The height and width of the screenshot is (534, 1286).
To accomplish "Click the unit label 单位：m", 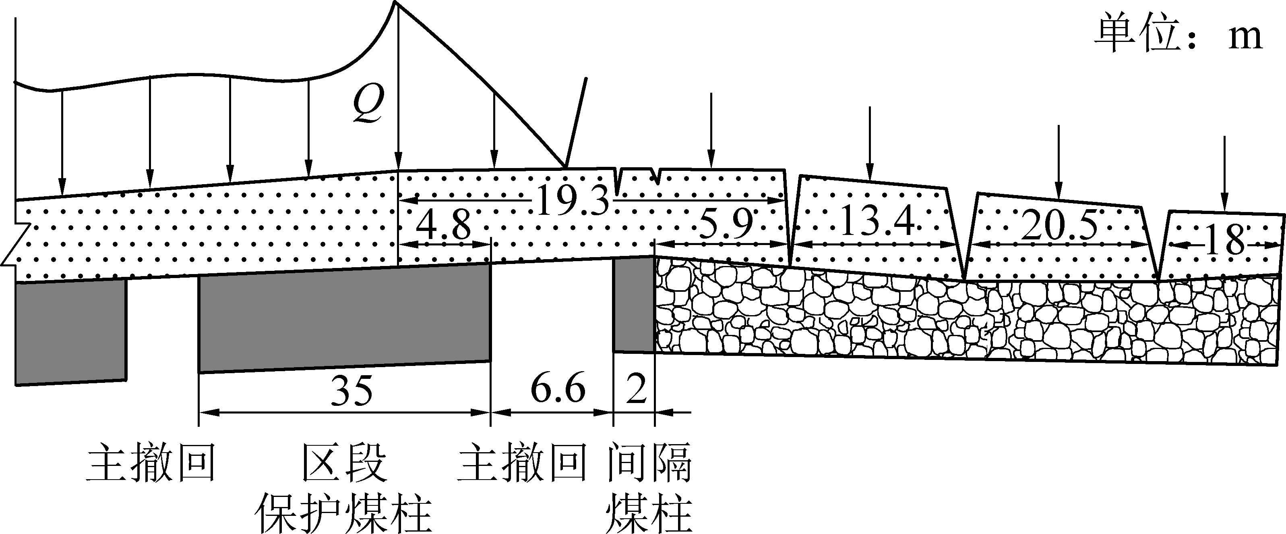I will click(x=1178, y=36).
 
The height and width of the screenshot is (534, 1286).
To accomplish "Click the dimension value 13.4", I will click(x=878, y=221).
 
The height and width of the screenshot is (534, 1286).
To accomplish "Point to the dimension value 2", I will click(x=636, y=390).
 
